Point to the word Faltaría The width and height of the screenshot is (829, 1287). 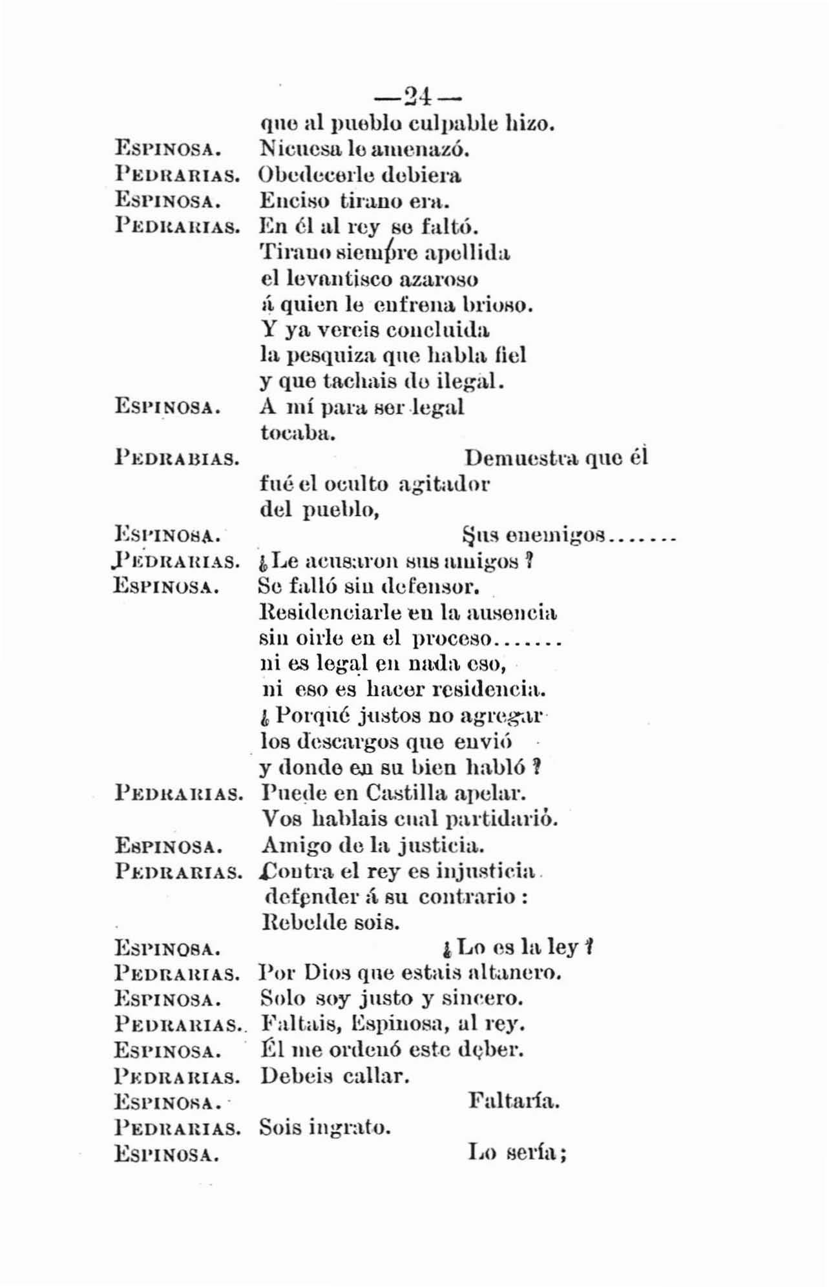click(513, 1101)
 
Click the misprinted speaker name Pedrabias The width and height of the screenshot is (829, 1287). click(178, 459)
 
